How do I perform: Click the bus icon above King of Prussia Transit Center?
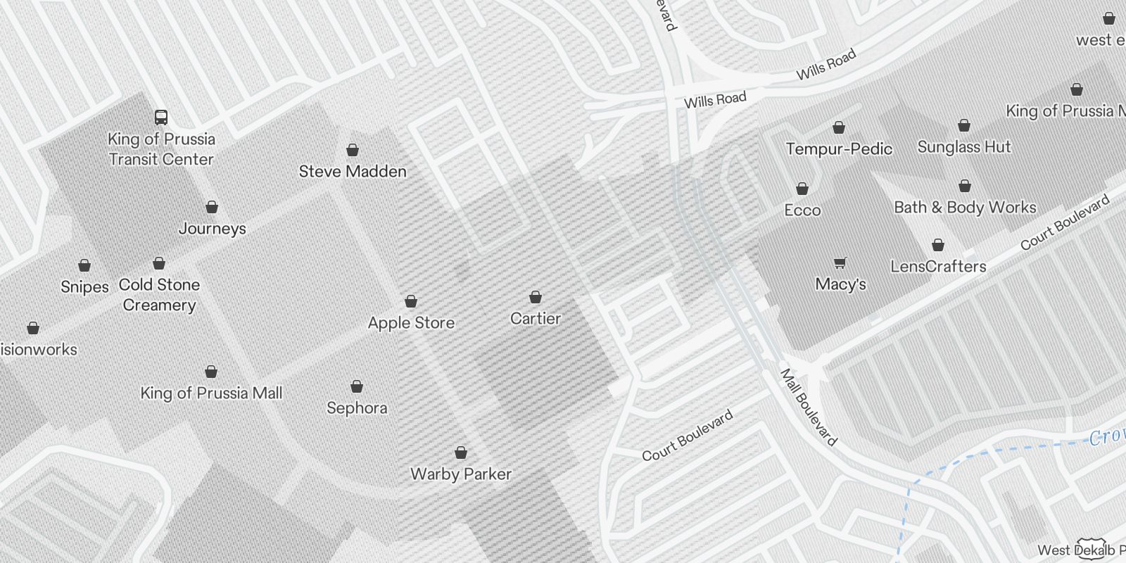pyautogui.click(x=161, y=117)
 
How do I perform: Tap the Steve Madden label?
pyautogui.click(x=353, y=171)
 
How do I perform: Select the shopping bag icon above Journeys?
pyautogui.click(x=212, y=207)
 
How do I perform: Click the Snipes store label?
pyautogui.click(x=84, y=286)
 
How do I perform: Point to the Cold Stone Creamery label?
pyautogui.click(x=159, y=294)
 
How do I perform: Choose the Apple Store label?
pyautogui.click(x=411, y=322)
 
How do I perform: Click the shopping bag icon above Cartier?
pyautogui.click(x=536, y=297)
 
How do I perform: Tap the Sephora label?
pyautogui.click(x=357, y=407)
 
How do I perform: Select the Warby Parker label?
pyautogui.click(x=461, y=474)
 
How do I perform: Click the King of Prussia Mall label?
pyautogui.click(x=211, y=393)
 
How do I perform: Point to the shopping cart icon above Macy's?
pyautogui.click(x=840, y=263)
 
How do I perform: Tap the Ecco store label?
pyautogui.click(x=802, y=210)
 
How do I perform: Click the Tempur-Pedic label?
pyautogui.click(x=839, y=148)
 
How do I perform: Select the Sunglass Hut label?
pyautogui.click(x=964, y=146)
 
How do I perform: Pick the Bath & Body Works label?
pyautogui.click(x=965, y=207)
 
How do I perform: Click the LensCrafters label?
pyautogui.click(x=938, y=266)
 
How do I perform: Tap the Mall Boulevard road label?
pyautogui.click(x=809, y=407)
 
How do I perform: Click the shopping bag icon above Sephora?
pyautogui.click(x=357, y=386)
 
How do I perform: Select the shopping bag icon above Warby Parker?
pyautogui.click(x=461, y=452)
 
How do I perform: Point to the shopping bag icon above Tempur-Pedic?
pyautogui.click(x=839, y=127)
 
